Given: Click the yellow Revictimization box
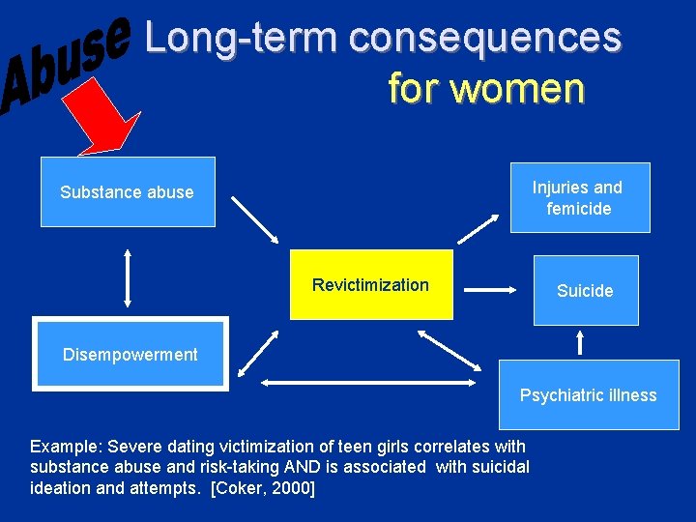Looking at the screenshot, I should click(371, 284).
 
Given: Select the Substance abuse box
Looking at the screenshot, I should click(128, 191).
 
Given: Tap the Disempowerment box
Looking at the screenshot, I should click(130, 354).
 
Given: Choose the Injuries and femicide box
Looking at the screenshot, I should click(580, 197).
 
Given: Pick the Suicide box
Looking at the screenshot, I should click(585, 290).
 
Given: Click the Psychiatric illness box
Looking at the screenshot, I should click(588, 394).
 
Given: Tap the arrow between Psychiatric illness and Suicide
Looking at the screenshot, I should click(580, 342).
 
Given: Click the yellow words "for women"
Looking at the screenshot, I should click(485, 88).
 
